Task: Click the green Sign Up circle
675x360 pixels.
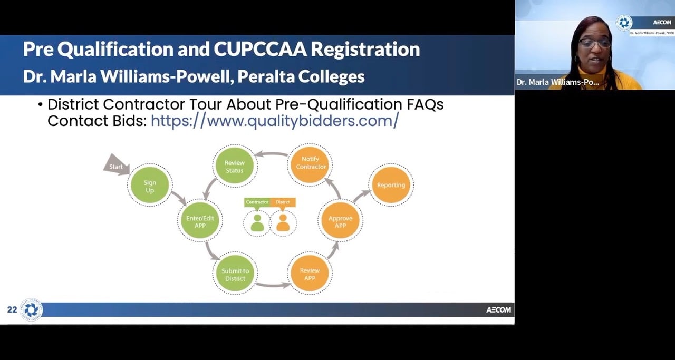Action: pyautogui.click(x=150, y=186)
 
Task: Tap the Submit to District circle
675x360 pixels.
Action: pyautogui.click(x=235, y=274)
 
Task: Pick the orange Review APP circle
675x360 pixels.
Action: pyautogui.click(x=310, y=274)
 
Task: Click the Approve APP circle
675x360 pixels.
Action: pyautogui.click(x=340, y=221)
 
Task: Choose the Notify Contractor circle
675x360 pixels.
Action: pyautogui.click(x=311, y=162)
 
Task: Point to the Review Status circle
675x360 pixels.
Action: pyautogui.click(x=234, y=166)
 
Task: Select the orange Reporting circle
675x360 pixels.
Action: pyautogui.click(x=391, y=185)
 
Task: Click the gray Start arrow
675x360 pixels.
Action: pyautogui.click(x=114, y=166)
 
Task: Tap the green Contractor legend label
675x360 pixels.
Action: pyautogui.click(x=257, y=202)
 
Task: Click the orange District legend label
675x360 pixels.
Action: pyautogui.click(x=283, y=202)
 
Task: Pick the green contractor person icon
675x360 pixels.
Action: pyautogui.click(x=257, y=222)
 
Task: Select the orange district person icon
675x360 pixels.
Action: pyautogui.click(x=283, y=222)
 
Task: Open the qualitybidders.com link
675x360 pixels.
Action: pyautogui.click(x=275, y=121)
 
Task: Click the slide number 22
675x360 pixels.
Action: pyautogui.click(x=12, y=310)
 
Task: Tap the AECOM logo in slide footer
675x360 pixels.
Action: pyautogui.click(x=498, y=310)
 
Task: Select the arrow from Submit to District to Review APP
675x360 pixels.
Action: pyautogui.click(x=273, y=285)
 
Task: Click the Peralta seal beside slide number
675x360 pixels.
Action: pyautogui.click(x=31, y=310)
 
